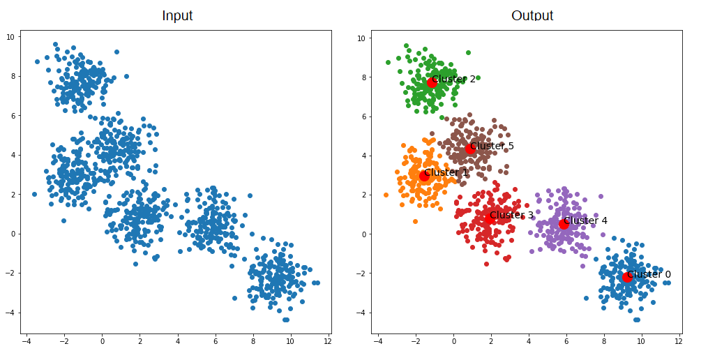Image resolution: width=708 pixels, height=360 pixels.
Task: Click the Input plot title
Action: click(x=177, y=15)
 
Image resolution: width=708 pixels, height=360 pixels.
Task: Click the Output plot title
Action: click(x=532, y=15)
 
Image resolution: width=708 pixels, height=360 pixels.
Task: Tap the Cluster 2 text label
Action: click(x=453, y=79)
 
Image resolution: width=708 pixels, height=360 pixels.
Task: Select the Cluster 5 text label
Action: click(x=492, y=146)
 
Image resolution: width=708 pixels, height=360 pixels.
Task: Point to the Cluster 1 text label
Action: click(x=446, y=172)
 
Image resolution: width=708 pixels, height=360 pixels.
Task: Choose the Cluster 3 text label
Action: click(x=511, y=215)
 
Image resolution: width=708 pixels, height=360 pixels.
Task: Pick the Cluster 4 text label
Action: click(x=585, y=220)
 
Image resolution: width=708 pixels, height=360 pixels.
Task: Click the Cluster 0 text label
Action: click(x=649, y=274)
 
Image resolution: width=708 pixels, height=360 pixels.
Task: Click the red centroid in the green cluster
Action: click(x=432, y=82)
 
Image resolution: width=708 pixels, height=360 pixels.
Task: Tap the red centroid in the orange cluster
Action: click(x=424, y=176)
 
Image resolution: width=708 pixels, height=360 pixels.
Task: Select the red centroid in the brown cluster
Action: click(x=470, y=149)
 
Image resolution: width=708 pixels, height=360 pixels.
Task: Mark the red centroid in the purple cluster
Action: click(x=564, y=224)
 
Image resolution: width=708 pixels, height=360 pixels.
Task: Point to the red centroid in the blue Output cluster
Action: click(x=627, y=277)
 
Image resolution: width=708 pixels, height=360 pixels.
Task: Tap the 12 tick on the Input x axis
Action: click(x=327, y=341)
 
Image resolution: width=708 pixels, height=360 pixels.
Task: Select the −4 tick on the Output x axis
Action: click(x=378, y=341)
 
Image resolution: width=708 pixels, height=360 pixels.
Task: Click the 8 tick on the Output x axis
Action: click(x=603, y=341)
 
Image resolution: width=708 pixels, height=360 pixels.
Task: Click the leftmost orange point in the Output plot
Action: click(x=386, y=195)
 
